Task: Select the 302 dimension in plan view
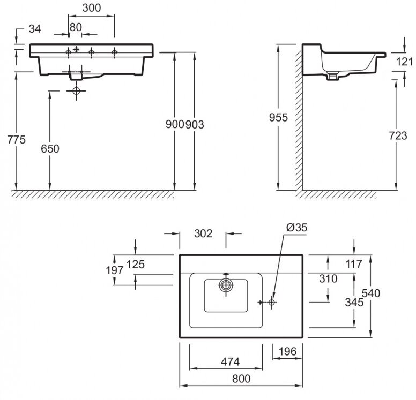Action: coord(203,233)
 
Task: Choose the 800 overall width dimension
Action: coord(242,379)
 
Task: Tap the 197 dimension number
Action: coord(115,271)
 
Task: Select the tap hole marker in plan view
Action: coord(272,303)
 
